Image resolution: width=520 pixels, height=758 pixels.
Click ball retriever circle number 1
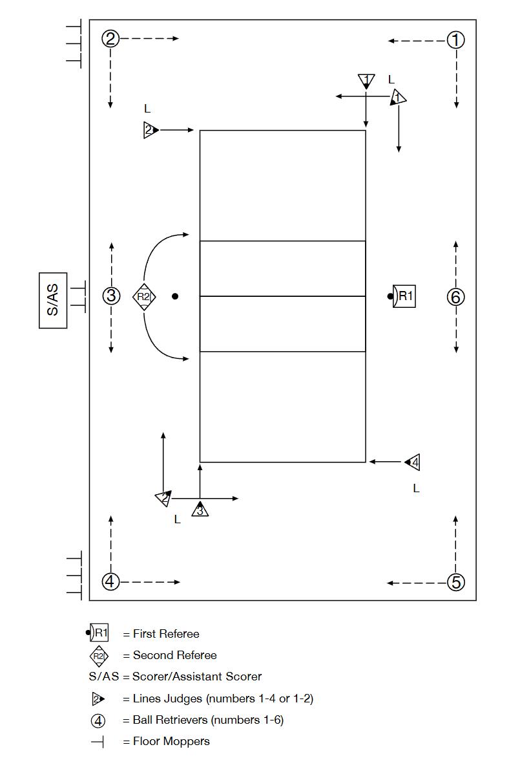tap(456, 40)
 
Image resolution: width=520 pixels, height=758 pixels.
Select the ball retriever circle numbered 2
tap(110, 39)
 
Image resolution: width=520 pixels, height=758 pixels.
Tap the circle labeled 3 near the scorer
tap(111, 296)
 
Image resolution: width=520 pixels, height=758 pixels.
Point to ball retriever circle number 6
tap(456, 297)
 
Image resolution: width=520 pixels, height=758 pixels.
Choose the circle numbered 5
tap(456, 582)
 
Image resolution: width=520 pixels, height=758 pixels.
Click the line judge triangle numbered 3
tap(200, 510)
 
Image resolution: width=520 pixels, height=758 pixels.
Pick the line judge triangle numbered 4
tap(413, 462)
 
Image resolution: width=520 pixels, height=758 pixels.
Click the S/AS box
tap(53, 301)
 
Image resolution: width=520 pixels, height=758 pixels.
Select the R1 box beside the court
tap(404, 296)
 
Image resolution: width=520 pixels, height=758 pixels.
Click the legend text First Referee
tap(166, 634)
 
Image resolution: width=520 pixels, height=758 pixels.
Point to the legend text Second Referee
tap(174, 655)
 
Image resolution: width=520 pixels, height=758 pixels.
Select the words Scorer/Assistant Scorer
tap(197, 677)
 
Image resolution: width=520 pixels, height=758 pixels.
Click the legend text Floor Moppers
tap(171, 741)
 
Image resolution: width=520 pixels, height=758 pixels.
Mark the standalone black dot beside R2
tap(175, 296)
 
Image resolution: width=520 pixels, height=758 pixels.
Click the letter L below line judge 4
tap(416, 489)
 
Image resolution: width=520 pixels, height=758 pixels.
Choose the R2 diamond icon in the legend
tap(98, 656)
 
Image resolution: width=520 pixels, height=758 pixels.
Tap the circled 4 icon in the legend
tap(98, 720)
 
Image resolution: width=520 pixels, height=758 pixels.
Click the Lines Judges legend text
tap(223, 698)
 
